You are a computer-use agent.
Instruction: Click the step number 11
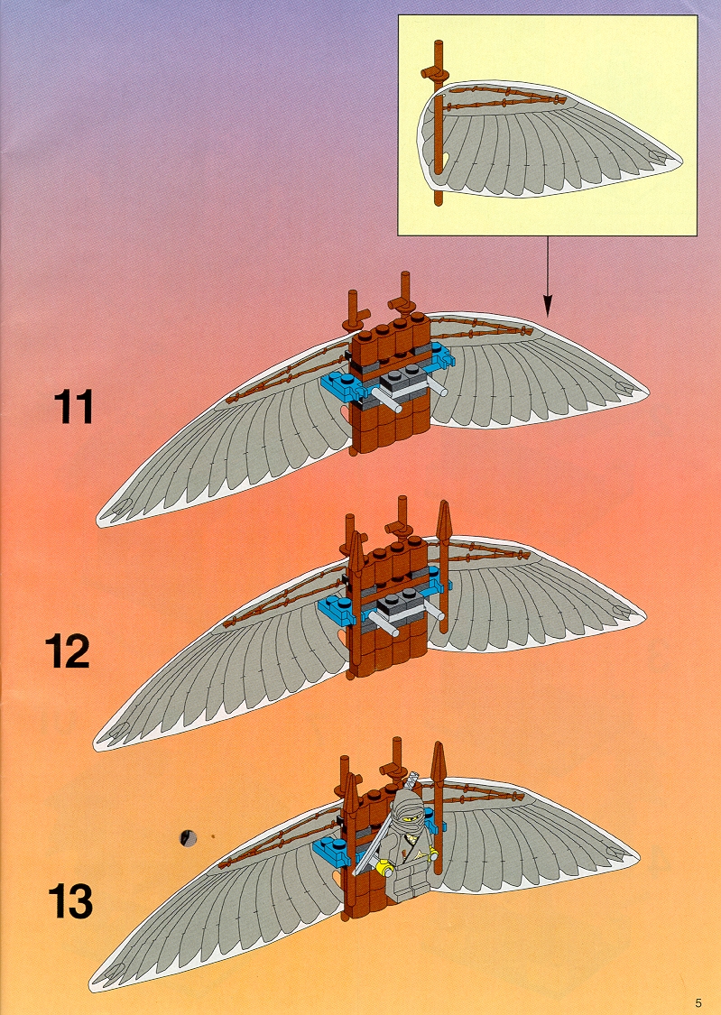73,407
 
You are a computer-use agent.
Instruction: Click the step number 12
68,651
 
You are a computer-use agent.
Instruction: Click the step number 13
69,901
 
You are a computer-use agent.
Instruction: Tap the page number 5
698,1003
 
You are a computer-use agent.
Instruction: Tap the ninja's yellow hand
386,867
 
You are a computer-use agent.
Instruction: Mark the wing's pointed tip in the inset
679,159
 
